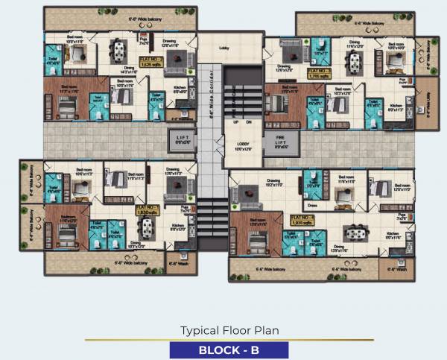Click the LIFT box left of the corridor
[183, 139]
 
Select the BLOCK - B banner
[228, 350]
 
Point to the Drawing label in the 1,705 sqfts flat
[284, 66]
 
